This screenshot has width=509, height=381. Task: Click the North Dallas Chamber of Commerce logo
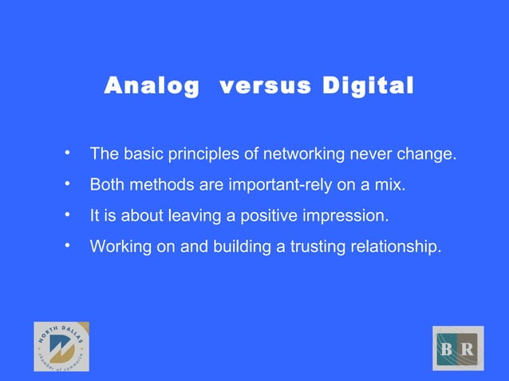point(61,347)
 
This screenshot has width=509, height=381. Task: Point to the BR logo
point(458,348)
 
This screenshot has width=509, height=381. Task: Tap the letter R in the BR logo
point(468,349)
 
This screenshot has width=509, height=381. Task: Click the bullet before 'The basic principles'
point(69,152)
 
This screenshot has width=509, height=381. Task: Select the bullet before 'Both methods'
point(69,184)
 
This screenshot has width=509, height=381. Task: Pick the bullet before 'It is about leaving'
point(69,215)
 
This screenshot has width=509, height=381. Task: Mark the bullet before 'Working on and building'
point(69,246)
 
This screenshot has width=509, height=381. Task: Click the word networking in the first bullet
point(302,154)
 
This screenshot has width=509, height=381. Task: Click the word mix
point(391,185)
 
